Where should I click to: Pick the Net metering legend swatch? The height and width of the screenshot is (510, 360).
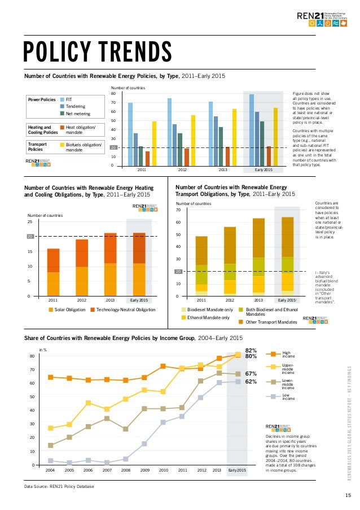[62, 113]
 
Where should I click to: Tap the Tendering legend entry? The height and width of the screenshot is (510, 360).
[76, 106]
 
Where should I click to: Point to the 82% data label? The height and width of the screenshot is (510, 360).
[252, 350]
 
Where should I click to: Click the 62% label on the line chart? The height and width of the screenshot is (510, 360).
[252, 381]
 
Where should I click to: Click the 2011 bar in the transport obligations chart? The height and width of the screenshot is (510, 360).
[201, 266]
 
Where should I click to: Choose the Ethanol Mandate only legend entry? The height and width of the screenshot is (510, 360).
[204, 318]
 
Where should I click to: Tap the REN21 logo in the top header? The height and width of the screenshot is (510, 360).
[323, 19]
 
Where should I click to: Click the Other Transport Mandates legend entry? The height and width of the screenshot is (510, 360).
[270, 321]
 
